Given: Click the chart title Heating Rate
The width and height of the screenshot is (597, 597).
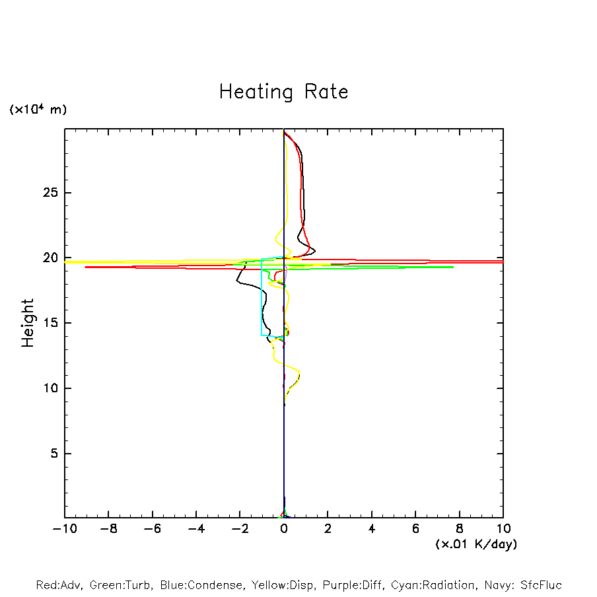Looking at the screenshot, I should coord(283,92).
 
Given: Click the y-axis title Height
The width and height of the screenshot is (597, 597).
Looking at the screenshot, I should coord(28,323).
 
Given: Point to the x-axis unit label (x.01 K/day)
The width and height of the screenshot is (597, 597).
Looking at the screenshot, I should coord(475,544).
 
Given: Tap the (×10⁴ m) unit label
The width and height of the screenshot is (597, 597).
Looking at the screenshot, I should coord(38,110).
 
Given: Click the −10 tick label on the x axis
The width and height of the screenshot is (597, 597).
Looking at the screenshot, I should coord(64,529).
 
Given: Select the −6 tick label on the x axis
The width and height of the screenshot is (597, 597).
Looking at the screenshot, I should coord(152,529).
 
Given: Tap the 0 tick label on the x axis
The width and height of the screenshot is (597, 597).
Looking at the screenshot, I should coord(284,529).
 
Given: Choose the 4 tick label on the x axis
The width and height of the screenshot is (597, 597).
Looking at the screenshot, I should coord(372,529).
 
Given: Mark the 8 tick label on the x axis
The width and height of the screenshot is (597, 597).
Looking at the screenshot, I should coord(460,529).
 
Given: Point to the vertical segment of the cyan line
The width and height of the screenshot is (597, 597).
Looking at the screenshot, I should coord(262,297).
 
